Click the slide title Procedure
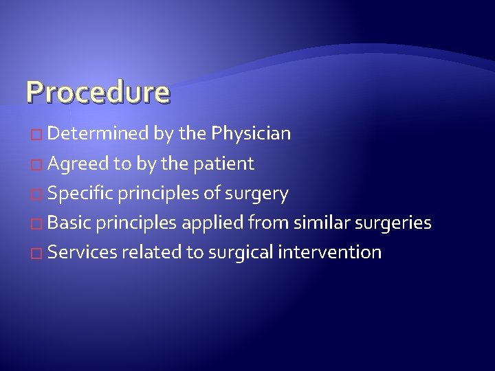pyautogui.click(x=97, y=91)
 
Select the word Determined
pyautogui.click(x=98, y=133)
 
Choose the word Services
pyautogui.click(x=82, y=252)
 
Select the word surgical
pyautogui.click(x=234, y=253)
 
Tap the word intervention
pyautogui.click(x=330, y=252)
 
